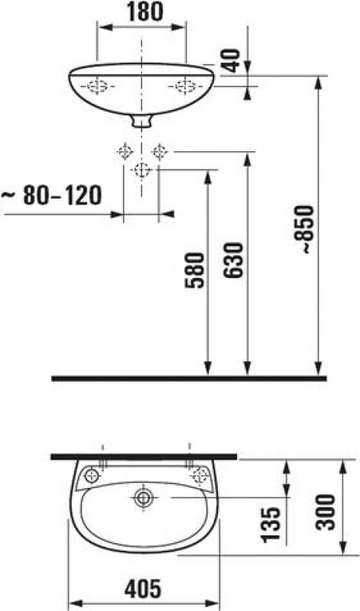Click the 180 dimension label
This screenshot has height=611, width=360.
click(x=144, y=12)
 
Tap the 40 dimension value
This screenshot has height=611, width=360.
click(x=232, y=60)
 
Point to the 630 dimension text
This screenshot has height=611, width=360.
click(x=233, y=260)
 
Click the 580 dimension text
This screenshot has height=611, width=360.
click(x=194, y=270)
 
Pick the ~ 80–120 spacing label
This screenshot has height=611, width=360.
click(x=51, y=196)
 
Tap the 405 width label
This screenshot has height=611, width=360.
click(x=143, y=588)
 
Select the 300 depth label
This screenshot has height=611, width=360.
click(x=326, y=512)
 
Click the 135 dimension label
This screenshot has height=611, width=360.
click(x=271, y=525)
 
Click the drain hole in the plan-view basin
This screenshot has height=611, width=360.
click(x=144, y=498)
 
